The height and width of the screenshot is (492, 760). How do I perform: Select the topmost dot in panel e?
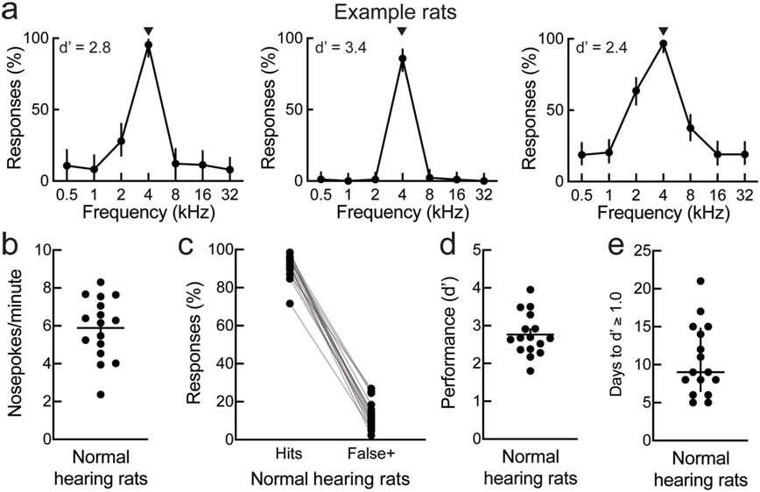tap(700, 281)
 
